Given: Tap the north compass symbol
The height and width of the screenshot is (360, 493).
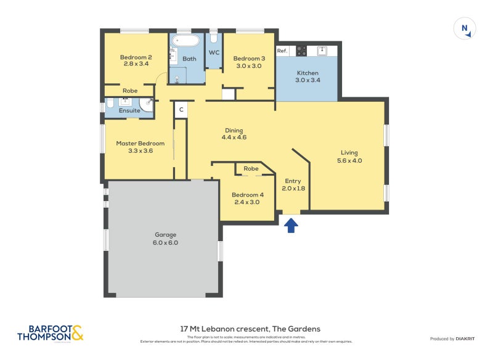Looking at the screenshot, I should click(465, 28).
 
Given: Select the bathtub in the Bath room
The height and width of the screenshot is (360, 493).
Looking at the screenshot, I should click(185, 41).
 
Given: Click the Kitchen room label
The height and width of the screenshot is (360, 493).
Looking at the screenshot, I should click(307, 73).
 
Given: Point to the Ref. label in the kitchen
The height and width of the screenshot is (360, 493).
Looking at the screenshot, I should click(282, 51).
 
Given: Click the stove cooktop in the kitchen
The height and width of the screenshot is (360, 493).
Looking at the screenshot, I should click(301, 51).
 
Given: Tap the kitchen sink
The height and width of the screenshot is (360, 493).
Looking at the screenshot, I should click(322, 51).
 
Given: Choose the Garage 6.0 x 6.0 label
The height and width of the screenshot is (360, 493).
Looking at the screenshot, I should click(165, 239).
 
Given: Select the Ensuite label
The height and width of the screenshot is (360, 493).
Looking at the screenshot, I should click(129, 110).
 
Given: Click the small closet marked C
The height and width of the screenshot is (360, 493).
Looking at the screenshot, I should click(181, 110).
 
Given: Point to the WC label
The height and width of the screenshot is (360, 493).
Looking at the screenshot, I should click(214, 52).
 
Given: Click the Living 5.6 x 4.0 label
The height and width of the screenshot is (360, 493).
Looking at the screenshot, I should click(349, 157).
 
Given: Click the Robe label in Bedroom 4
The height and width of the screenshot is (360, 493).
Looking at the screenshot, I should click(251, 168).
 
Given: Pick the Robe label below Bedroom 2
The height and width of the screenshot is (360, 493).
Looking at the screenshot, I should click(129, 91).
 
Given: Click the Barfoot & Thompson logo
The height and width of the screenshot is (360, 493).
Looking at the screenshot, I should click(50, 333).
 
